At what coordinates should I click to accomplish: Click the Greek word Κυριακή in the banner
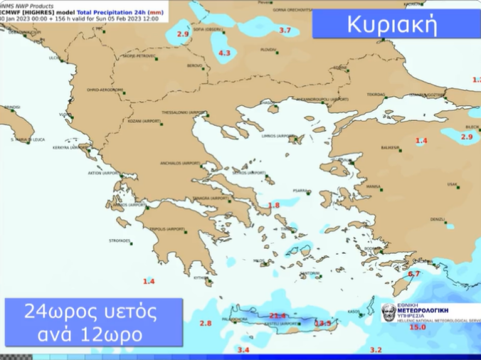[x=392, y=25]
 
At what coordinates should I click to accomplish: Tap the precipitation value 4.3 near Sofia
[x=225, y=53]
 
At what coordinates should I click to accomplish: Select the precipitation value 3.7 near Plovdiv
[x=285, y=30]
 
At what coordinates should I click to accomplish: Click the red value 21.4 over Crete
[x=278, y=316]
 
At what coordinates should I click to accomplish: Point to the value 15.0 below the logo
[x=418, y=327]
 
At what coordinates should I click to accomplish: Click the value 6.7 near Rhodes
[x=414, y=274]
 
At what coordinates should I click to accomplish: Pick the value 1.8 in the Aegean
[x=274, y=205]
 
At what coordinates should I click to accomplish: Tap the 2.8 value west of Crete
[x=206, y=323]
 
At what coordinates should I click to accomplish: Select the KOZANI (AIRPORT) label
[x=144, y=121]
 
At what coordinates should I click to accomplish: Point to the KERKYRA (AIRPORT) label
[x=71, y=148]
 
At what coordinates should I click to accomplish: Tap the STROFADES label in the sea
[x=120, y=241]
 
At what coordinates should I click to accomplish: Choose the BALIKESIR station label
[x=390, y=148]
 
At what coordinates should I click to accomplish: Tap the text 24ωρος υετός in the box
[x=90, y=313]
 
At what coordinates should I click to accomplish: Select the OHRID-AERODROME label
[x=105, y=90]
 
